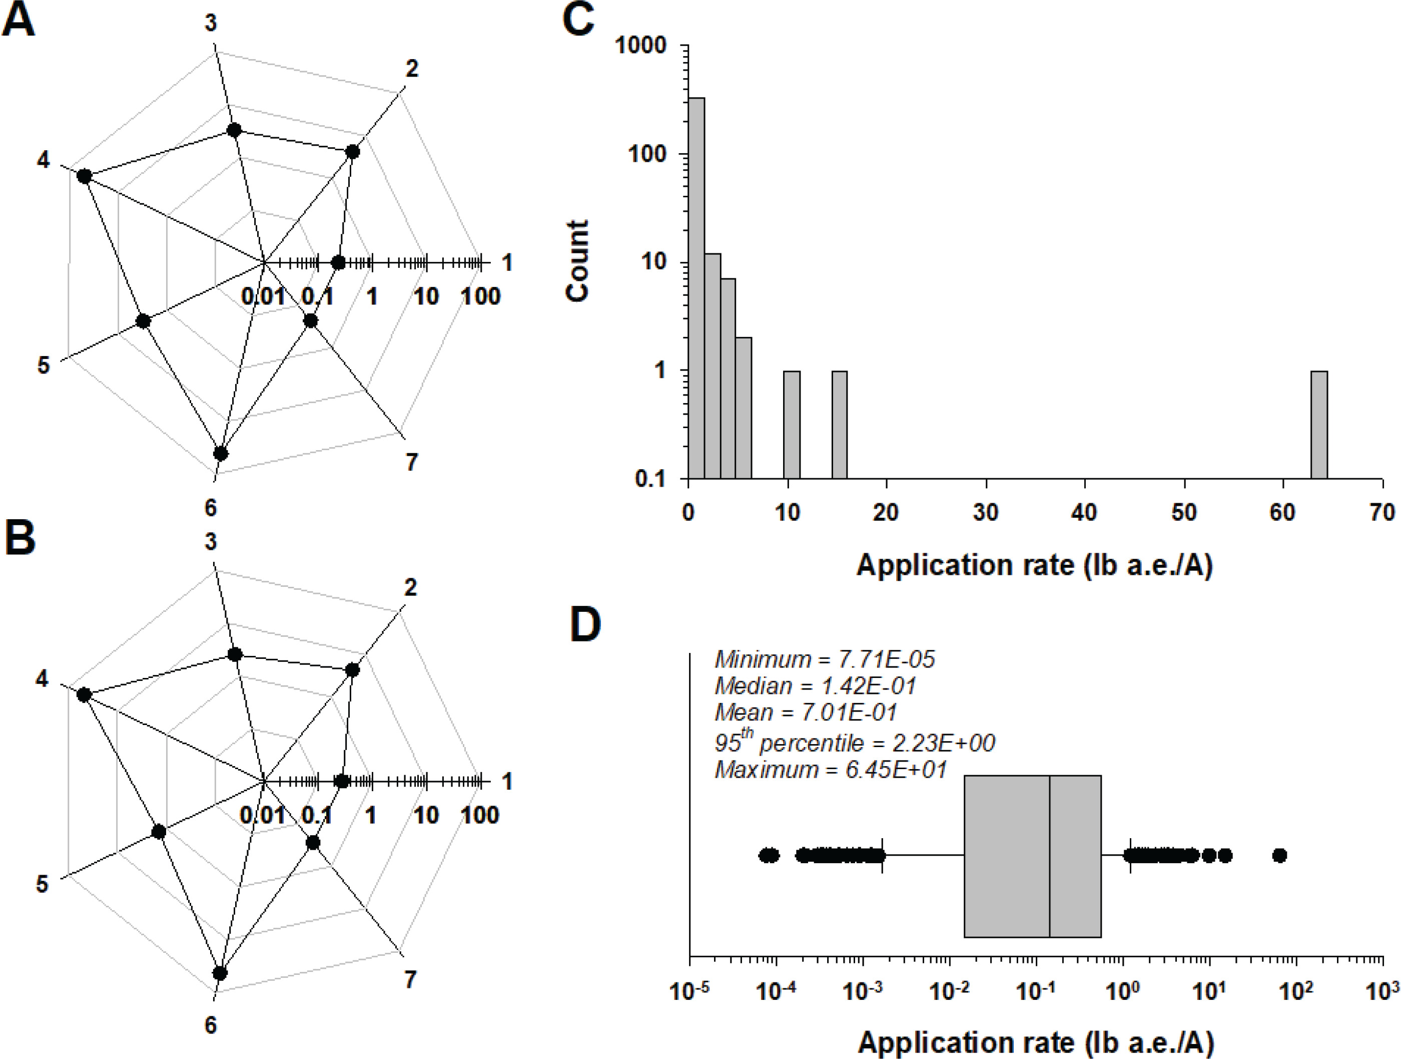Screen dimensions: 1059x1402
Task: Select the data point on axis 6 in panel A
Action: click(x=221, y=454)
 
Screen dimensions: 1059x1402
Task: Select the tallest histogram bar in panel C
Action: click(x=696, y=288)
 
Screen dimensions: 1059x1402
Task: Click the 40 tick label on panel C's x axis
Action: click(x=1085, y=512)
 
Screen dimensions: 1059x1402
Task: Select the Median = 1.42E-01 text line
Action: click(x=815, y=686)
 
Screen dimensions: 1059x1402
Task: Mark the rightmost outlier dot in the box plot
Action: click(x=1280, y=855)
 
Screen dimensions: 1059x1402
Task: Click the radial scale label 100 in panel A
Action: click(x=480, y=296)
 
